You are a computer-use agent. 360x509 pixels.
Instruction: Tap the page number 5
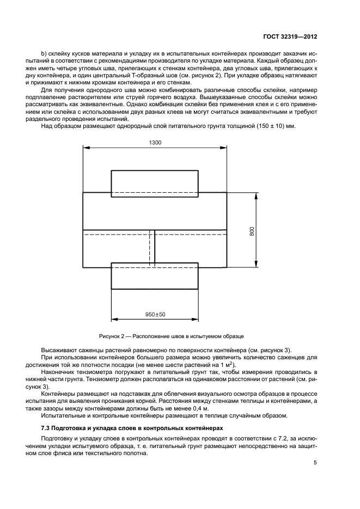[x=315, y=463]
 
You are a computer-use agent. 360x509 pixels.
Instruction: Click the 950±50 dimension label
[x=155, y=315]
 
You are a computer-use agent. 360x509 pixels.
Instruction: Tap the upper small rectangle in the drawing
[x=155, y=180]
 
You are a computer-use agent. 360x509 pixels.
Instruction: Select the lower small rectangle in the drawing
[x=155, y=279]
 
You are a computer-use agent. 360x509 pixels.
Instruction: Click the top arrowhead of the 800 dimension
[x=255, y=194]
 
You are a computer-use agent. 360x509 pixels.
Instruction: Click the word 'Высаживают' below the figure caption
[x=58, y=349]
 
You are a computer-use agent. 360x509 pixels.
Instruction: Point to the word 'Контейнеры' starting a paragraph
[x=57, y=392]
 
